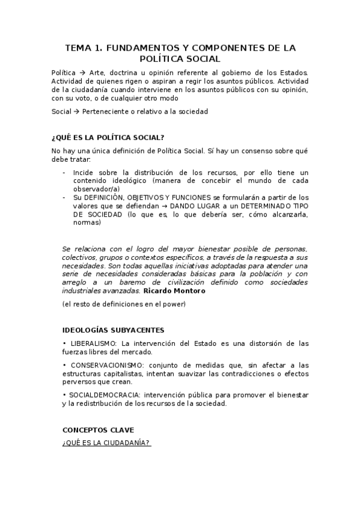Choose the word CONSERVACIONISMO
point(108,365)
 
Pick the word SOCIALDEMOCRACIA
point(103,395)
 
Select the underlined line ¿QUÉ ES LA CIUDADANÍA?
point(106,443)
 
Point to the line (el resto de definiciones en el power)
point(124,304)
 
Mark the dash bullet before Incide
point(65,172)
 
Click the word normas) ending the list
point(87,223)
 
